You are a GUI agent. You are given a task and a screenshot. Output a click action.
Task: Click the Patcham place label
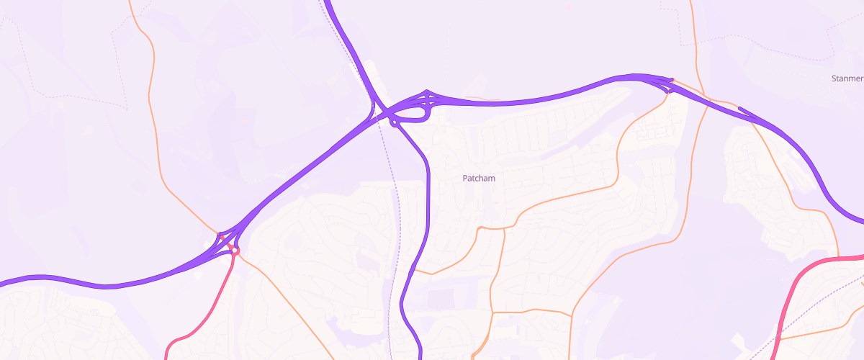(x=479, y=178)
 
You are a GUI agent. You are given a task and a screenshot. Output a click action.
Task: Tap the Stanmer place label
(x=847, y=78)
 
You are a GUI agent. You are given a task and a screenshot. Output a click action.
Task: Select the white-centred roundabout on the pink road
(x=233, y=249)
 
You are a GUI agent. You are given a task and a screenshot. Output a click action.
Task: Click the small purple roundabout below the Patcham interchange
(x=395, y=123)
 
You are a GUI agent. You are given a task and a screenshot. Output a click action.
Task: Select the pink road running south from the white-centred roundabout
(x=216, y=302)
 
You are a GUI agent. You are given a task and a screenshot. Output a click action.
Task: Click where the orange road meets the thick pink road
(x=839, y=258)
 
